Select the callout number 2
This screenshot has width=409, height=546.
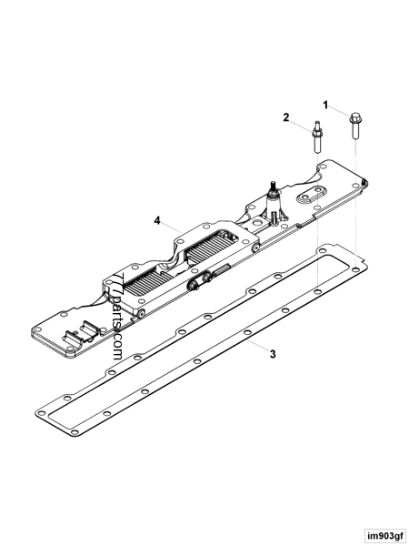click(285, 117)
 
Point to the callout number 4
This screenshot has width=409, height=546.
click(157, 220)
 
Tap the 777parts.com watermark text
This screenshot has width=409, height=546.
click(117, 315)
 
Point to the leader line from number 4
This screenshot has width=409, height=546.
click(176, 227)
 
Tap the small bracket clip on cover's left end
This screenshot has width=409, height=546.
click(87, 330)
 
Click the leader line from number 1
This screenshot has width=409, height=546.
click(344, 112)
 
